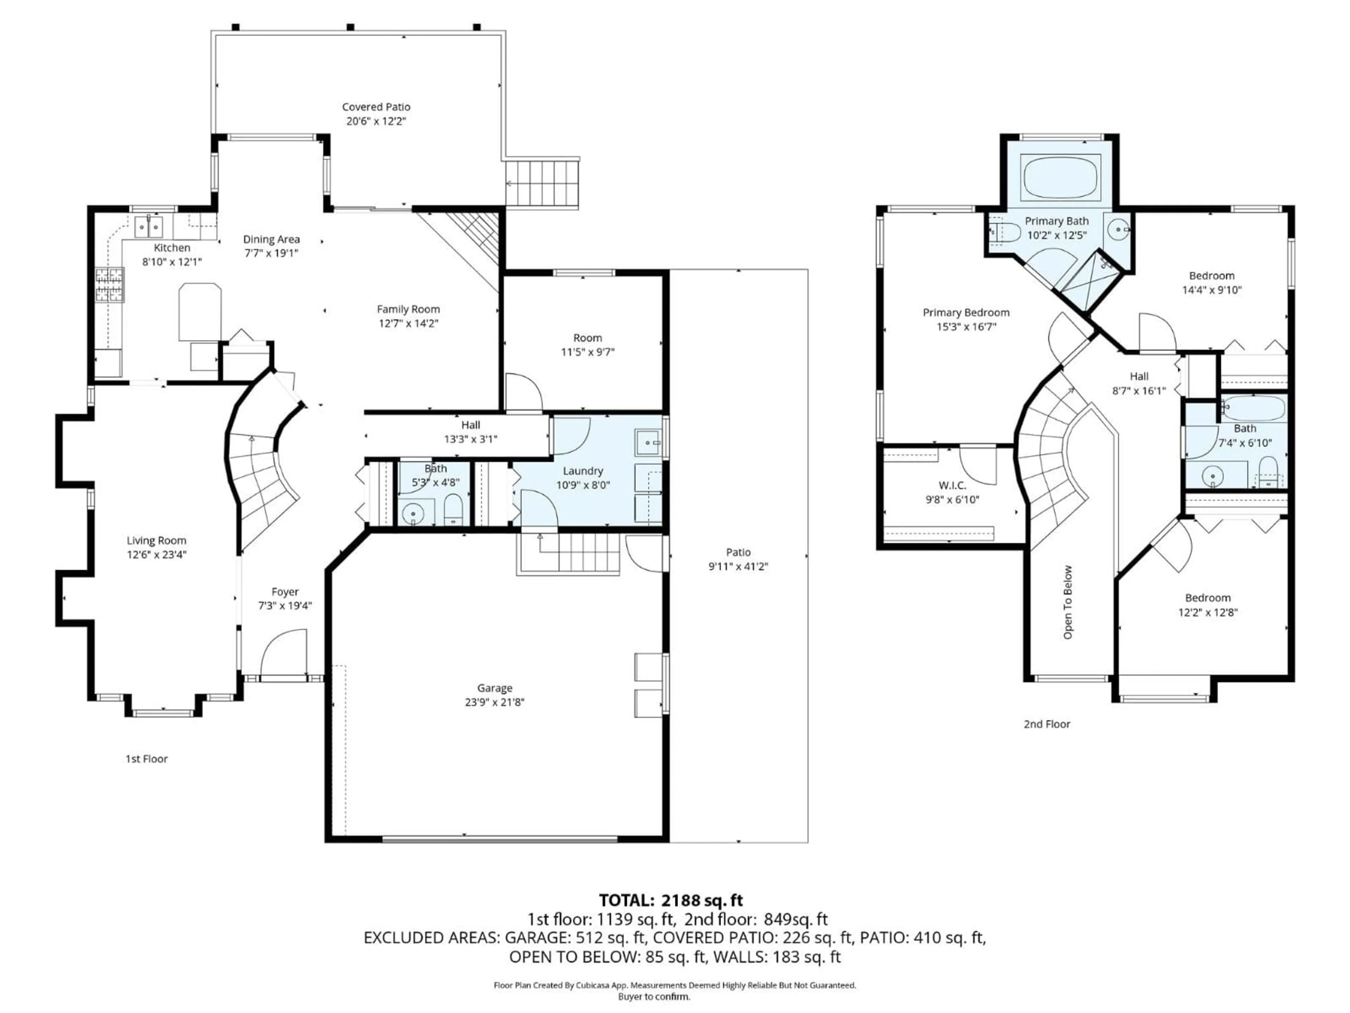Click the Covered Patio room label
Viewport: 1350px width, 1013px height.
pos(376,107)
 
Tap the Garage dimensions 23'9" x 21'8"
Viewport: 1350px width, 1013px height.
pos(494,702)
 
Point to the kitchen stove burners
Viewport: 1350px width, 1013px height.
pos(110,285)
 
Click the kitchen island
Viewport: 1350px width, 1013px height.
pos(200,311)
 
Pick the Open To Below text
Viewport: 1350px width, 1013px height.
pos(1067,603)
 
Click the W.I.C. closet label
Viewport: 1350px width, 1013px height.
pos(952,485)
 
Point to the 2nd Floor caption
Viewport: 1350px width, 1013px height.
pos(1047,724)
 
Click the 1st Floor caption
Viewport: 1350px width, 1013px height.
pos(147,759)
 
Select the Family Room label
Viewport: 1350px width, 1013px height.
pos(408,310)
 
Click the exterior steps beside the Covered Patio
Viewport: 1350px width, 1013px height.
pos(542,183)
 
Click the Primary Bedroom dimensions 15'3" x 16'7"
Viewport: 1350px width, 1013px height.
pos(966,327)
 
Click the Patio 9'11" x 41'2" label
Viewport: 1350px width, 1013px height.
pos(738,553)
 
